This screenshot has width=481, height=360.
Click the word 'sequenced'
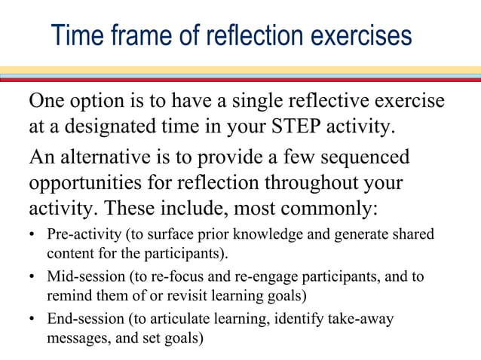coord(366,158)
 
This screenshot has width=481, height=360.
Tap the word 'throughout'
coord(315,182)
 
